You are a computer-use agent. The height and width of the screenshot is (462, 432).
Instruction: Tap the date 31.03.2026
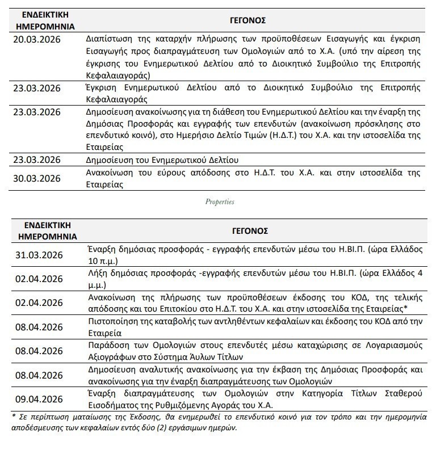(39, 254)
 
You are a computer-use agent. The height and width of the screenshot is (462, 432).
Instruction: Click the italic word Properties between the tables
(219, 202)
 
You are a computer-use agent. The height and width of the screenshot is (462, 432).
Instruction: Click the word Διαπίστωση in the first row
(109, 40)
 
